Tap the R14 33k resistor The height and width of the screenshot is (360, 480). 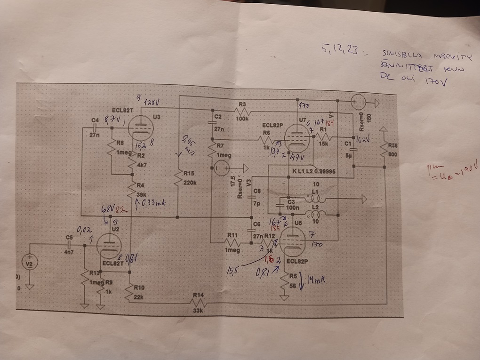coord(198,304)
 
